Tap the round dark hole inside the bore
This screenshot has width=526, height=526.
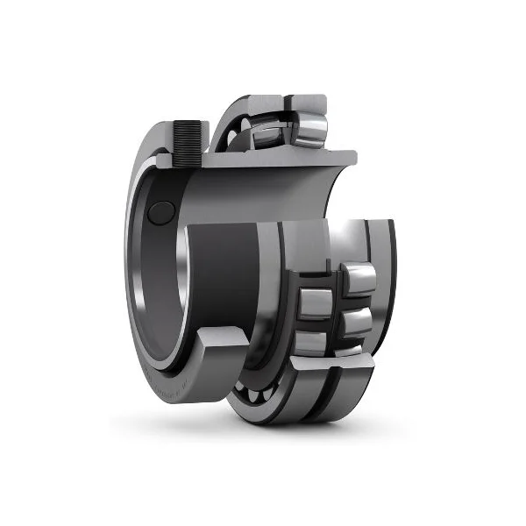coord(160,212)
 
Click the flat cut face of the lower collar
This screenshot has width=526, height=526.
coord(224,338)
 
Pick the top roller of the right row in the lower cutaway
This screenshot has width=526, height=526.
coord(359,279)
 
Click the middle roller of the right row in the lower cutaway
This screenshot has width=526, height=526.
coord(355,323)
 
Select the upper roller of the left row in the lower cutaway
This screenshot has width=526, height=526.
coord(315,303)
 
